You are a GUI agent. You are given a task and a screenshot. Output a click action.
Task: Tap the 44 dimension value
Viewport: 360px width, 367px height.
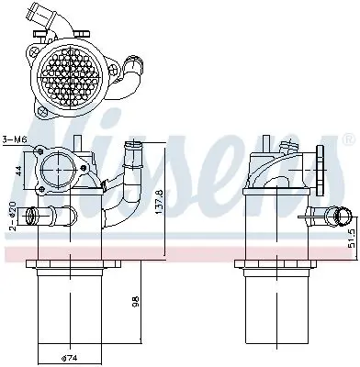coord(19,171)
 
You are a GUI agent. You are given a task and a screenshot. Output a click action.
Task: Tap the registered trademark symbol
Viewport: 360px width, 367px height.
coord(346,139)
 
